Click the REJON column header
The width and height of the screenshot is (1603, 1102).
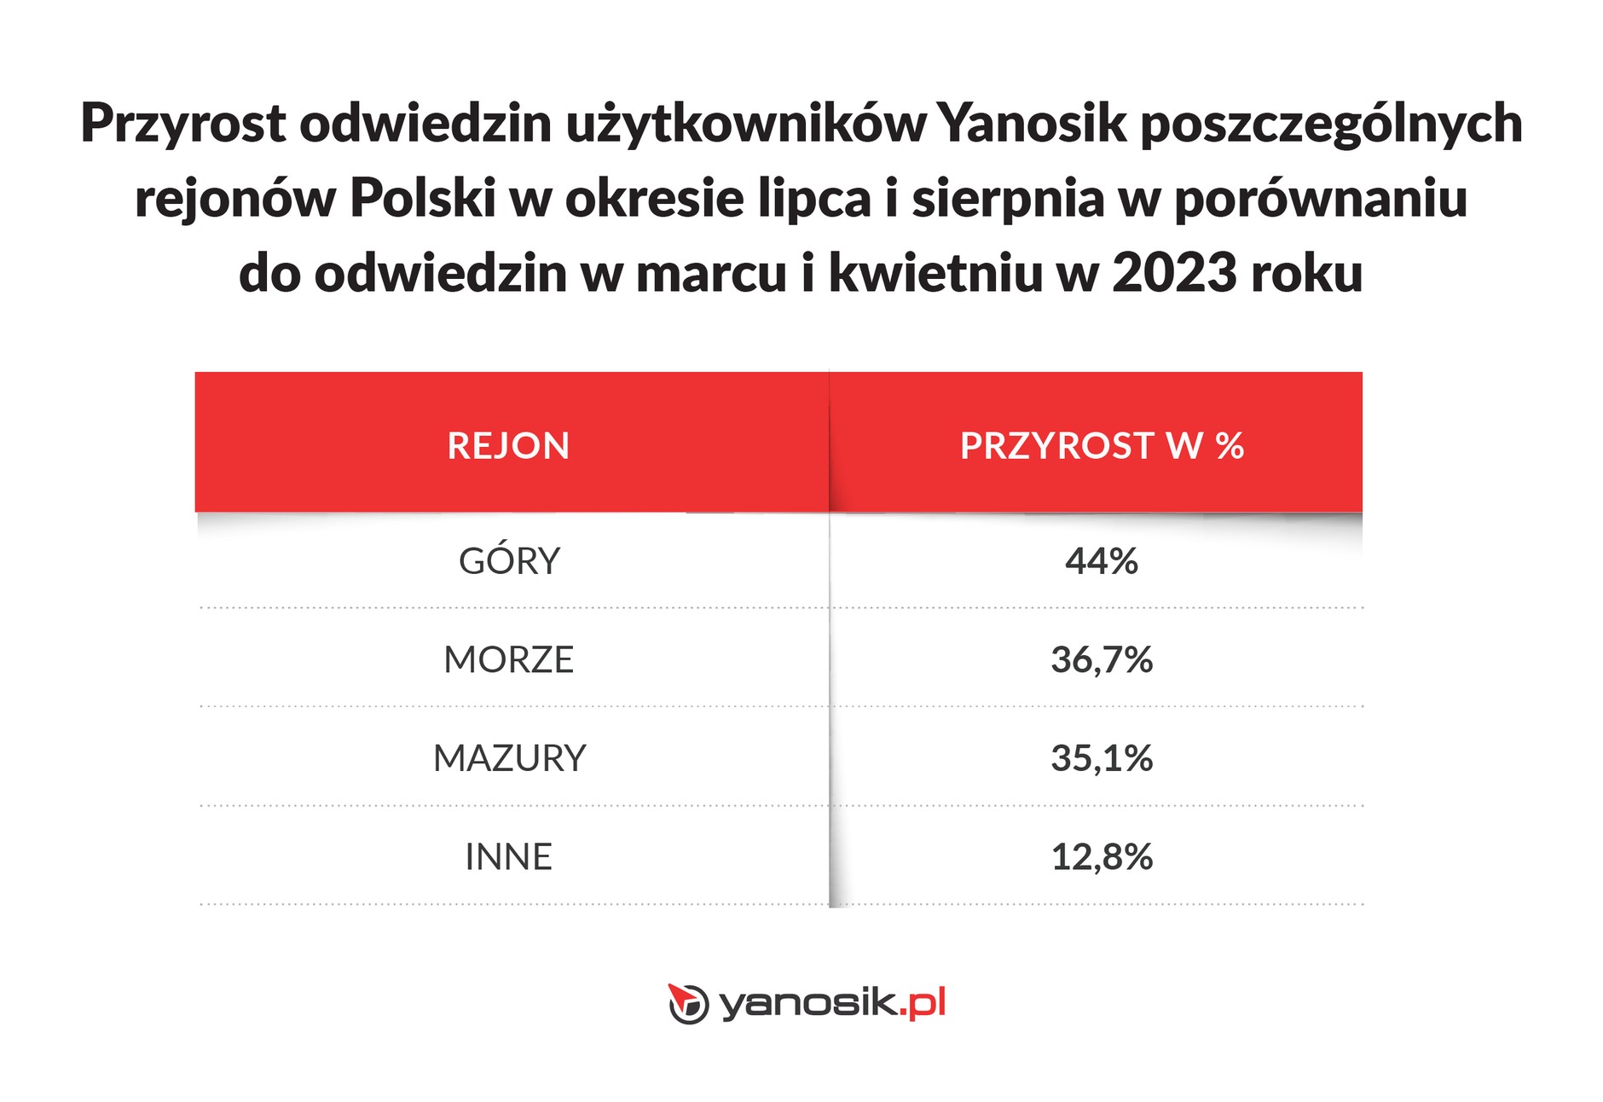508,446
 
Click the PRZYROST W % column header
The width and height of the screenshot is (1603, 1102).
1101,446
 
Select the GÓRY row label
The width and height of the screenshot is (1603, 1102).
509,561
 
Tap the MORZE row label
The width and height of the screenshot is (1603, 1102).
509,660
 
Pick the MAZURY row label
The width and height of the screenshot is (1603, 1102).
509,758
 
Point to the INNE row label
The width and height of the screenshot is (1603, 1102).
509,857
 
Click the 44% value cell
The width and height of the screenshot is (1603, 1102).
1101,561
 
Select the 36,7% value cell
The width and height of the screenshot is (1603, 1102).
1101,660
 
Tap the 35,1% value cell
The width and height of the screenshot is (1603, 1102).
1101,758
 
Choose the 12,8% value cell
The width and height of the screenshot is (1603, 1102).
1101,857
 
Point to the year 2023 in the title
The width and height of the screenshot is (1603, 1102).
1174,274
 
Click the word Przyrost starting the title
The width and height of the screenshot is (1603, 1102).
183,123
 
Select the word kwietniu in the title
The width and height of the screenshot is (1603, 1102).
935,274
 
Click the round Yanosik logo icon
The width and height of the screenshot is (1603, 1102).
687,1003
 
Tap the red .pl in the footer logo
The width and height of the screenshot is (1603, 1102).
923,1003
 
